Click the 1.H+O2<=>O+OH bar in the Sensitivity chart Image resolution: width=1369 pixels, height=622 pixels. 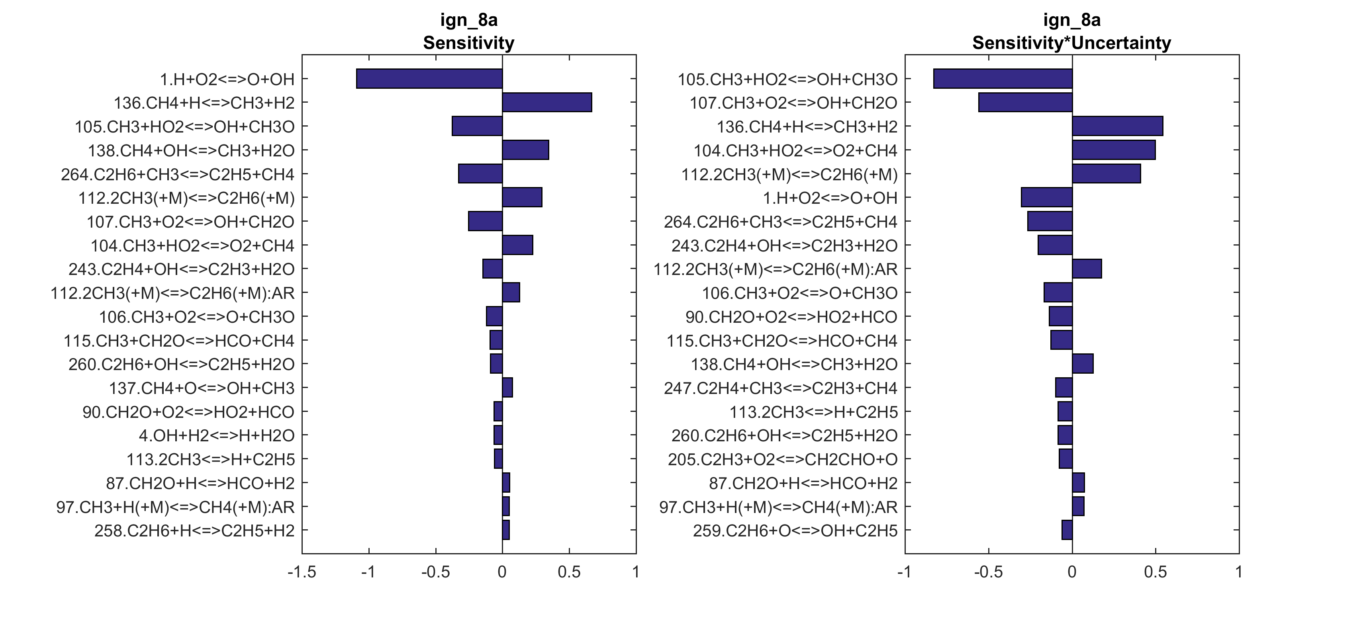[x=429, y=79]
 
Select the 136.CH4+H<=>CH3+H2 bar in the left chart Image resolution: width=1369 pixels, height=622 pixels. [x=547, y=103]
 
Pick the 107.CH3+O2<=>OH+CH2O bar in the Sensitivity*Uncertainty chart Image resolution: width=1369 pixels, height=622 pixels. [x=1025, y=103]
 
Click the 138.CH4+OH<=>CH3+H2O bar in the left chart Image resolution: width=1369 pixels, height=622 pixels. [x=525, y=150]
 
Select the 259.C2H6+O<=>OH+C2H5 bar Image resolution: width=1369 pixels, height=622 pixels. [x=1067, y=530]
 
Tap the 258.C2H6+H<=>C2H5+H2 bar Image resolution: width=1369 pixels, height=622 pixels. [x=506, y=530]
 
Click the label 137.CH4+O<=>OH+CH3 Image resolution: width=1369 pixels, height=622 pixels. [x=202, y=388]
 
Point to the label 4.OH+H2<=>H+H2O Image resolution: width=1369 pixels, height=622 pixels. [x=216, y=436]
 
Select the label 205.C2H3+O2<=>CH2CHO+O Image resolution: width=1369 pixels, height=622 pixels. [x=782, y=460]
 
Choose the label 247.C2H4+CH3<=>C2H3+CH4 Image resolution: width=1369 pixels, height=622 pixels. [x=780, y=388]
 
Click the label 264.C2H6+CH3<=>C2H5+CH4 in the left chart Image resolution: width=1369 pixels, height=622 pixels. [x=178, y=174]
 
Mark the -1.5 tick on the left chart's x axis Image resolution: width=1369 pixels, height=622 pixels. [x=302, y=572]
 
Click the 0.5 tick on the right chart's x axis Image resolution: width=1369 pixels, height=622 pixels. [x=1156, y=572]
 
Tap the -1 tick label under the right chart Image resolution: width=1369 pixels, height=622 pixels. [x=905, y=572]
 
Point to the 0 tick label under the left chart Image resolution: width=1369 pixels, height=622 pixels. [x=502, y=572]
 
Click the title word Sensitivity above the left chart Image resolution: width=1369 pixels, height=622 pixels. [x=468, y=43]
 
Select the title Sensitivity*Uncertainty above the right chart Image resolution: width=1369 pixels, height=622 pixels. [x=1071, y=43]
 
